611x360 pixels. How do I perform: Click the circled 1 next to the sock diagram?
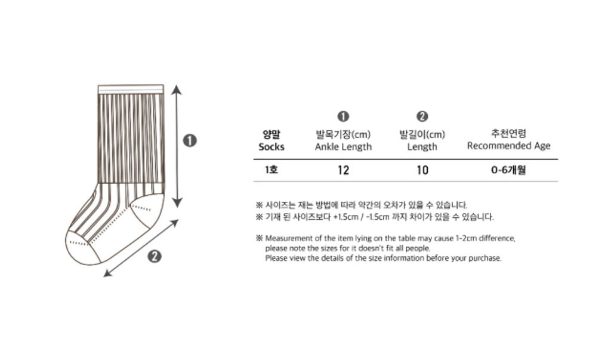[x=190, y=140]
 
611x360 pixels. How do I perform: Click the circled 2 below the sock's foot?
[x=155, y=256]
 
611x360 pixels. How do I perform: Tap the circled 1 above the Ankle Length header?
[x=343, y=116]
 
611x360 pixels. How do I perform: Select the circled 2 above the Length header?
[x=422, y=116]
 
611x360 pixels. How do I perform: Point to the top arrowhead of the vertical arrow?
[x=177, y=90]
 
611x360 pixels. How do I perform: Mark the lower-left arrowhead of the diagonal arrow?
[x=108, y=273]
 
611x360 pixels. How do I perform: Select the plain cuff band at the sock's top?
[x=131, y=90]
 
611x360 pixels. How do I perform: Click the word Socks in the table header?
[x=271, y=147]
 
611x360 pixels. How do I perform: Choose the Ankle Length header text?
[x=343, y=147]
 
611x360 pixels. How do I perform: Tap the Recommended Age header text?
[x=508, y=146]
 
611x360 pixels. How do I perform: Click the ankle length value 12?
[x=343, y=170]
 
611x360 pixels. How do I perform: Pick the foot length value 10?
[x=422, y=170]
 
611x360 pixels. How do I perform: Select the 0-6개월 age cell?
[x=508, y=170]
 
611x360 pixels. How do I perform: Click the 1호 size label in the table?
[x=271, y=170]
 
